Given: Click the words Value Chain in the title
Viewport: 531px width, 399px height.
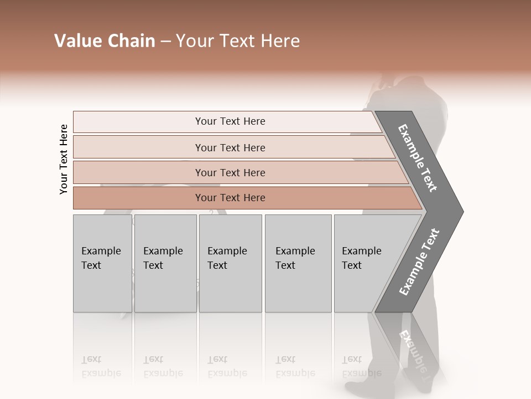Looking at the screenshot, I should pos(105,41).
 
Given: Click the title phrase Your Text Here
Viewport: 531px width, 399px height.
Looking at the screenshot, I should pos(238,41).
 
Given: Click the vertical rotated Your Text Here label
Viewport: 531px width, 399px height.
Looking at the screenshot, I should pos(64,159).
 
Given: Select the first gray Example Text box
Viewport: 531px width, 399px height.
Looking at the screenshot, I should pos(102,264).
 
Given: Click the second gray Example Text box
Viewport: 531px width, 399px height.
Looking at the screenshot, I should pos(165,264).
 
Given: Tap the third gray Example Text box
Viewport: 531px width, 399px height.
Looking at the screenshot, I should pos(230,264).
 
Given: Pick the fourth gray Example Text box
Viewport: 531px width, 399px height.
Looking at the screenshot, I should pos(298,264).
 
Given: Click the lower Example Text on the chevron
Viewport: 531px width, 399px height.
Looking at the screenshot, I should pos(419,262).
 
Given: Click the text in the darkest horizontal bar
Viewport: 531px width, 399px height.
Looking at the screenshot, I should pos(230,198).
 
